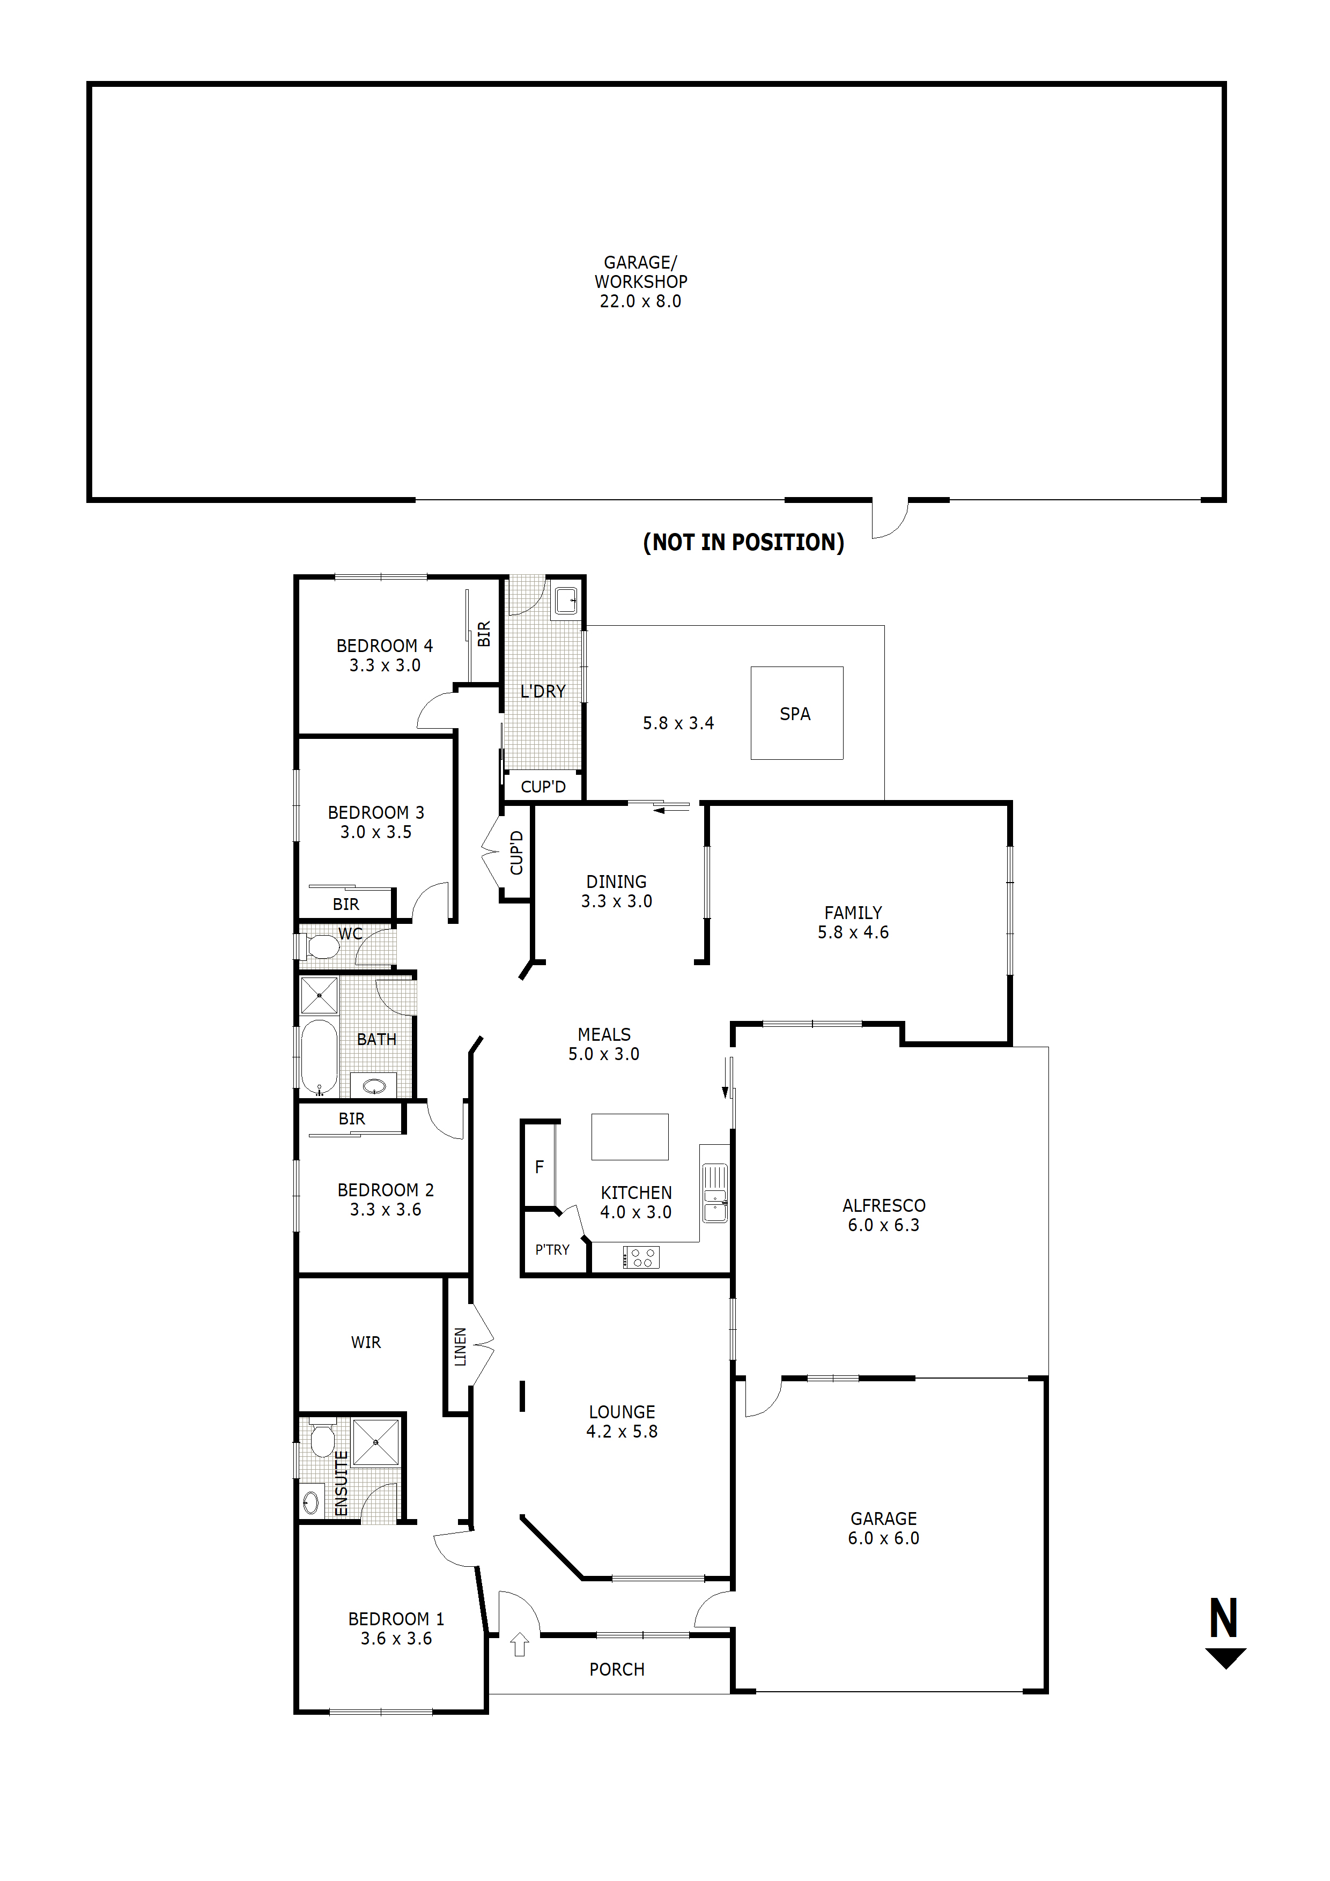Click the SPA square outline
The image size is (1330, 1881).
[x=796, y=713]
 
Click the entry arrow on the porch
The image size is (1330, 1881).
[x=519, y=1644]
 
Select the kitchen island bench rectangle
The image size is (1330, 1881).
[x=630, y=1136]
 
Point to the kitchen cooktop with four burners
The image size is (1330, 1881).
[x=641, y=1257]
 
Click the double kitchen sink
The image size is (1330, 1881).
[x=714, y=1194]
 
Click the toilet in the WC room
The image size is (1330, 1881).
[x=323, y=947]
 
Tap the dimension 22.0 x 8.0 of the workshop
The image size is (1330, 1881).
[x=640, y=301]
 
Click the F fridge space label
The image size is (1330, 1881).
[x=539, y=1167]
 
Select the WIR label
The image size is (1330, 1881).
[x=366, y=1343]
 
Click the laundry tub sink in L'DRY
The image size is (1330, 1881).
[x=565, y=601]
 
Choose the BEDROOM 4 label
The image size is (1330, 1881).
[x=385, y=646]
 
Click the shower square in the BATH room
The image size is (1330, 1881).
[x=319, y=995]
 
